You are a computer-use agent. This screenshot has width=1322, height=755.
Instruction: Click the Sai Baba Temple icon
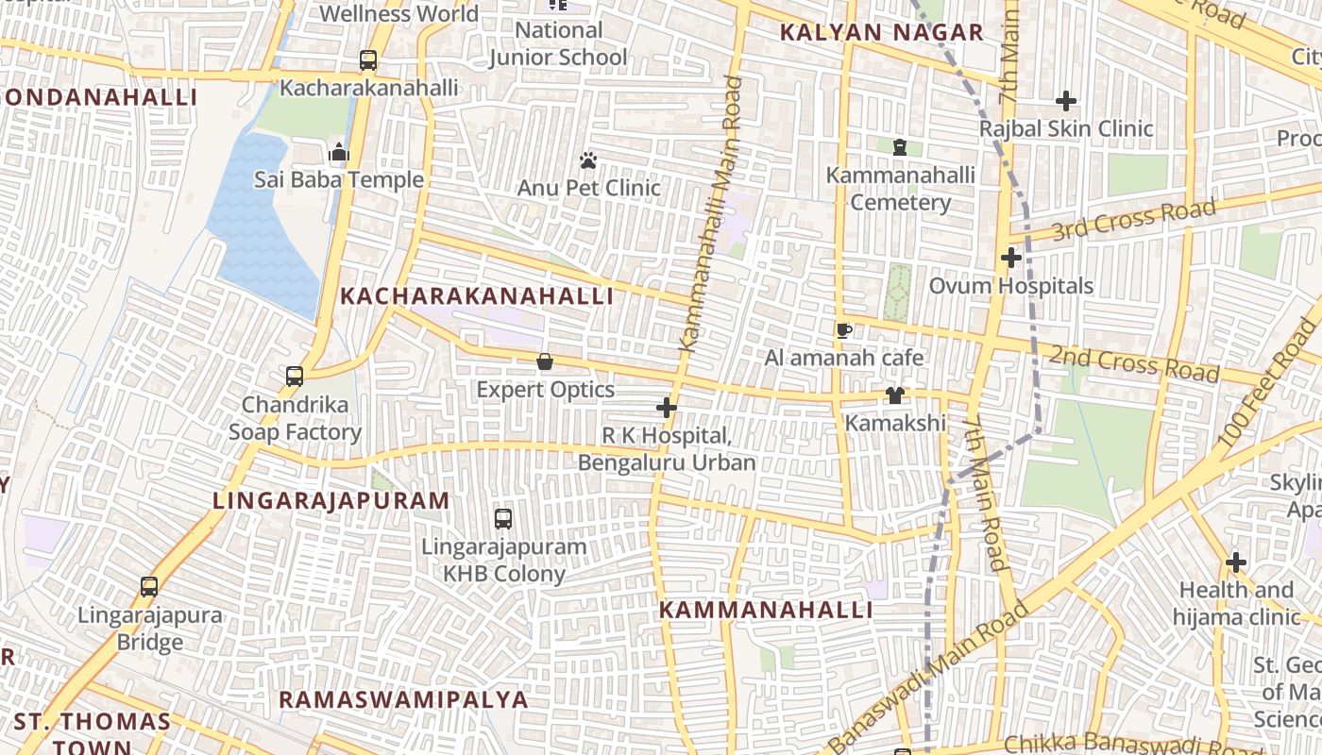[339, 152]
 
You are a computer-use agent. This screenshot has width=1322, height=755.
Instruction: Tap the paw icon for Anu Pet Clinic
[588, 160]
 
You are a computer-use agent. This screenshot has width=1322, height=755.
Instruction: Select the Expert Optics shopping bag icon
[545, 361]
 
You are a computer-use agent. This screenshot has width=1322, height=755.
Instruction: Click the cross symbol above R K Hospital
[667, 408]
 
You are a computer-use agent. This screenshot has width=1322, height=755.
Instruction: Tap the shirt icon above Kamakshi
[894, 395]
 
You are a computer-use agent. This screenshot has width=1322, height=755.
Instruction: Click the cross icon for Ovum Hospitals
[1011, 258]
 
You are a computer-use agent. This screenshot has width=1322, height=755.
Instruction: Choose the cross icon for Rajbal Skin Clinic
[1066, 101]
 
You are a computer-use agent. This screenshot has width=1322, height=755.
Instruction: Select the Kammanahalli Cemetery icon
[900, 147]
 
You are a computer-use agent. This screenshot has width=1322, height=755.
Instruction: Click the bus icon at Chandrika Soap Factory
[295, 377]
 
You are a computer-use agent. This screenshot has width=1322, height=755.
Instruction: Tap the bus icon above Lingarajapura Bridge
[149, 587]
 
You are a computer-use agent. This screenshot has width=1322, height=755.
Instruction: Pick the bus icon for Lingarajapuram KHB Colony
[503, 518]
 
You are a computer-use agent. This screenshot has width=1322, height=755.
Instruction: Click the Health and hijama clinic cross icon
[1236, 563]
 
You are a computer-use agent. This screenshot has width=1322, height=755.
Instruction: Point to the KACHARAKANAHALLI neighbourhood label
[477, 296]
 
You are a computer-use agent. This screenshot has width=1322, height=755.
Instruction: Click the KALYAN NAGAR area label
[882, 33]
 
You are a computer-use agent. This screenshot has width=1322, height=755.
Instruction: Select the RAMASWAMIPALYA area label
[403, 699]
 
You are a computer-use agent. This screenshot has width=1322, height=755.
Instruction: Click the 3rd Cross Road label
[1133, 219]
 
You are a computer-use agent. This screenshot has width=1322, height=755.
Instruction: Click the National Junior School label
[558, 43]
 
